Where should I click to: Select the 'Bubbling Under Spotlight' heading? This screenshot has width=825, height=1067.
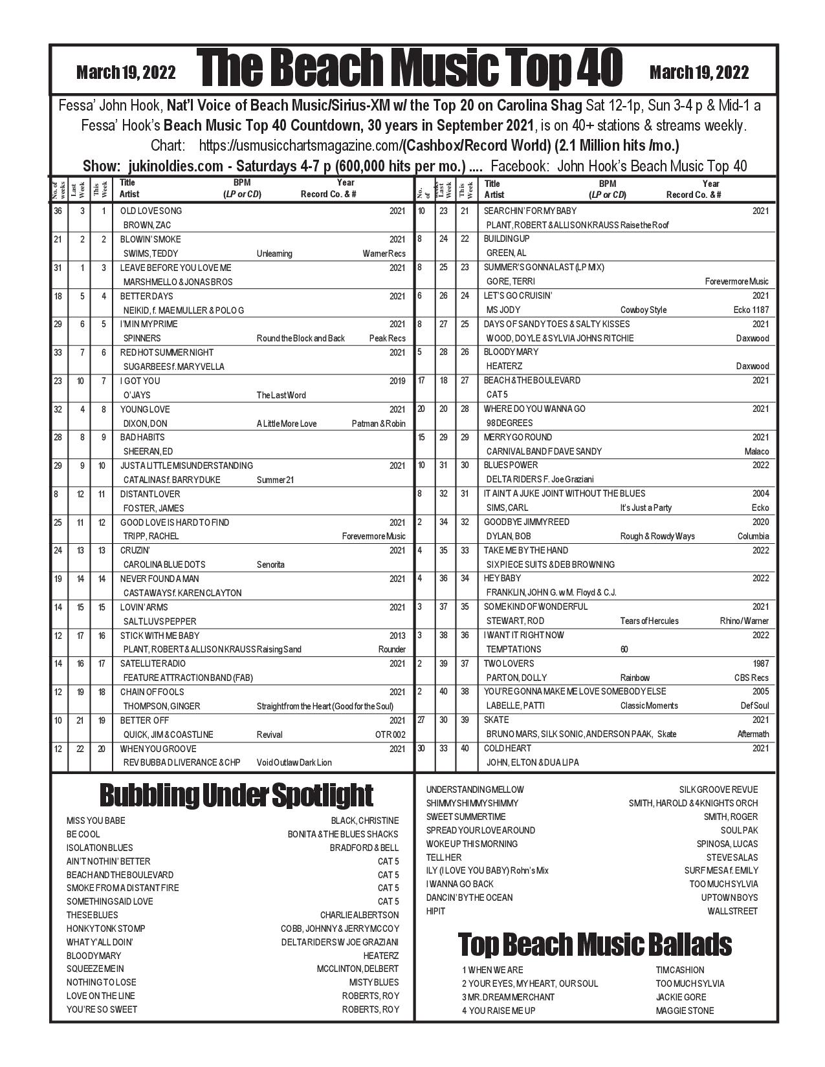[x=236, y=795]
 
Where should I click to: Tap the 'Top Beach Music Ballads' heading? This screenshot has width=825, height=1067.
[x=595, y=944]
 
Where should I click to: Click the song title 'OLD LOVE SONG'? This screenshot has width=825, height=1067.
[x=151, y=211]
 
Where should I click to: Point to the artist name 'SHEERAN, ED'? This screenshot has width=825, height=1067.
[x=148, y=451]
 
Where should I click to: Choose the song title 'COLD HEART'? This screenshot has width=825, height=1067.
[x=507, y=748]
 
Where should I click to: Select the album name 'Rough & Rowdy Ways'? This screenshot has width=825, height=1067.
[x=657, y=536]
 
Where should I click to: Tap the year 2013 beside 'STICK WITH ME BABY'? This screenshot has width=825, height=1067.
[x=397, y=636]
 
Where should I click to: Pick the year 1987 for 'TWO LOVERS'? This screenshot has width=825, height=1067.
[x=761, y=663]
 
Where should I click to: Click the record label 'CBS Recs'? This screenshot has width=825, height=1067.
[x=752, y=678]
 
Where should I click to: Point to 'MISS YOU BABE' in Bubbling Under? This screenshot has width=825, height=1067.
[x=96, y=821]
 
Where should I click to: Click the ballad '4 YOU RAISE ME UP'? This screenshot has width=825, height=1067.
[x=499, y=1011]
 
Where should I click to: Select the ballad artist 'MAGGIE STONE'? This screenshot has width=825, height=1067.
[x=685, y=1011]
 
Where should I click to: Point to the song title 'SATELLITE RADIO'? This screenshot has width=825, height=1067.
[x=153, y=663]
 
